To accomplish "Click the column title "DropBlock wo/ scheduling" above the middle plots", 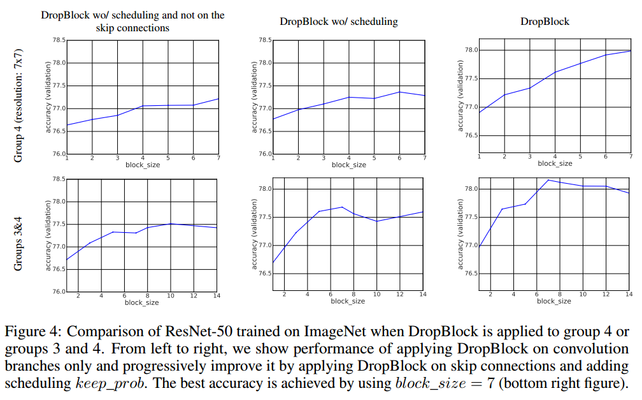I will click(338, 22).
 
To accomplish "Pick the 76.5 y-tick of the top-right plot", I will click(472, 136).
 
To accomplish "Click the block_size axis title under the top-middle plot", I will click(349, 165).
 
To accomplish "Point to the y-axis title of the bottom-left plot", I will click(48, 235).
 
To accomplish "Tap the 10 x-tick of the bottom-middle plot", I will click(376, 295).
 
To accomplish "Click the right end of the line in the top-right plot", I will click(630, 50).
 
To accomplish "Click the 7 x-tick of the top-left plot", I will click(218, 158).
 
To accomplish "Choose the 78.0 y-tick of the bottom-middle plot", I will click(266, 189).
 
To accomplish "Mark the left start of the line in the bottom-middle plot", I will click(273, 262).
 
